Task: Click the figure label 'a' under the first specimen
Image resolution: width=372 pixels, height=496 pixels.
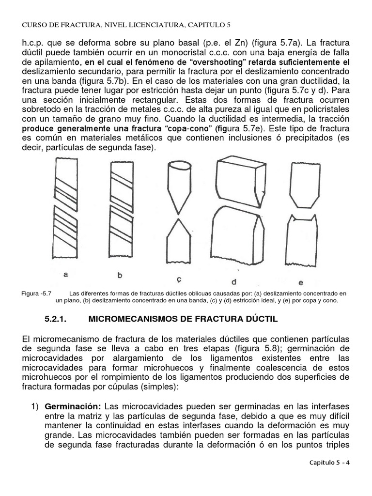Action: [65, 275]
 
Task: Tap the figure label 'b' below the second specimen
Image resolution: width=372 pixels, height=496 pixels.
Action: [120, 275]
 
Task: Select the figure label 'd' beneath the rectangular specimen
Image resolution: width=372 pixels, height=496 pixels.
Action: [233, 280]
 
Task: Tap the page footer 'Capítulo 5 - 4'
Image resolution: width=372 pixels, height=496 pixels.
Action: [329, 462]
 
